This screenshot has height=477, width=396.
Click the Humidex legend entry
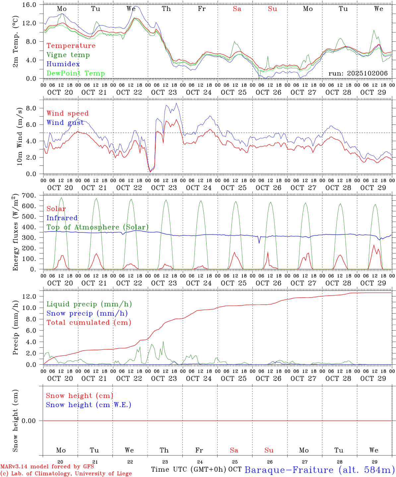click(63, 64)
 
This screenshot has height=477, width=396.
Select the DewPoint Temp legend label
click(76, 74)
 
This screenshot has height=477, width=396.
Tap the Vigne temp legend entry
click(68, 55)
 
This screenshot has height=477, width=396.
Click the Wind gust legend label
click(65, 123)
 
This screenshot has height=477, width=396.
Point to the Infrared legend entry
click(62, 218)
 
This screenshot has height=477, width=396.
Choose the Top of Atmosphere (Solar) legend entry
click(97, 227)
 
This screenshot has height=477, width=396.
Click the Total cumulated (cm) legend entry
click(89, 323)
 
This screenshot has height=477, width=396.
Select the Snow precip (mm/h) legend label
click(87, 313)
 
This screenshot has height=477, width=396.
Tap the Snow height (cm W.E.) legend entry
click(88, 405)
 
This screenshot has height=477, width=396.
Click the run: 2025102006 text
click(358, 74)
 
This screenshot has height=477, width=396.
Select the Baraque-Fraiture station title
click(319, 470)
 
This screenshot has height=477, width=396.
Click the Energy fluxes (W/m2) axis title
click(15, 233)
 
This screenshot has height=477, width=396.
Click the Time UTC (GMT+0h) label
click(189, 469)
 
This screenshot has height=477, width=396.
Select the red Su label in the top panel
click(272, 9)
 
